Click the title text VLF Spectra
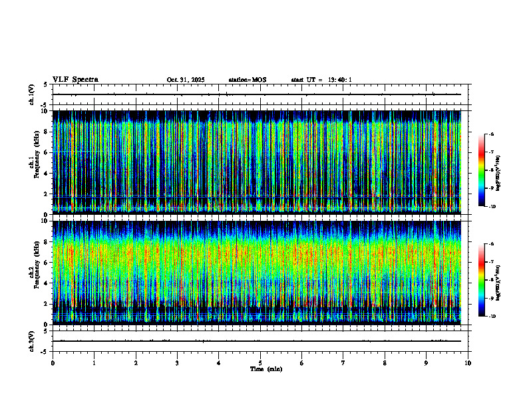point(75,80)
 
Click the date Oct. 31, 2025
point(186,80)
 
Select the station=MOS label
point(247,80)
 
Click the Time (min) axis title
point(266,369)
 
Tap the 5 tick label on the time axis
point(261,363)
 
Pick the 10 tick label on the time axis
point(468,363)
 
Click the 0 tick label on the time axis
point(53,363)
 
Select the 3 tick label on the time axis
point(178,363)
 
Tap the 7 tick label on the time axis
point(343,363)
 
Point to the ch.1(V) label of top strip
point(32,94)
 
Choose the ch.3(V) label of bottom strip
point(32,340)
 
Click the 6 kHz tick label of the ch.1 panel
point(45,152)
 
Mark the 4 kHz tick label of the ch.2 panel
point(45,283)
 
